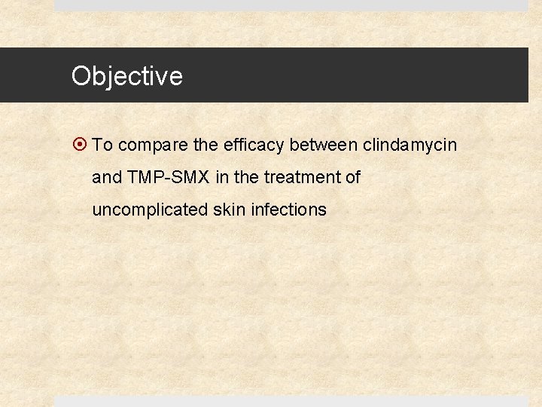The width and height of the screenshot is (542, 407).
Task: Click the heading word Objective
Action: tap(126, 76)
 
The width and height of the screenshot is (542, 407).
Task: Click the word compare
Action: tap(147, 145)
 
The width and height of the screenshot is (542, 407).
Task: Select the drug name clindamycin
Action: tap(410, 145)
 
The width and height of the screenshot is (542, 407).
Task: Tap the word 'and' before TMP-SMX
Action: tap(106, 178)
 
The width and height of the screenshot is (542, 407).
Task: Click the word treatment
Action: tap(300, 178)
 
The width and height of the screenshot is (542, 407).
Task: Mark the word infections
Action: tap(288, 210)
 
